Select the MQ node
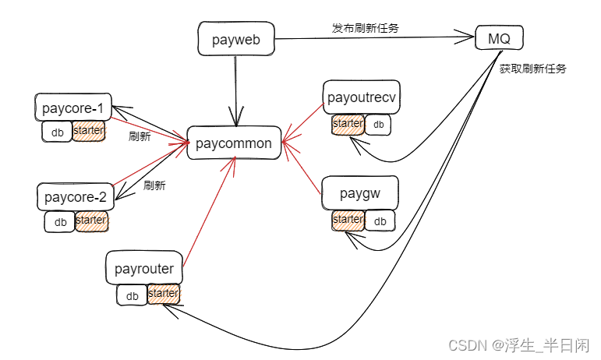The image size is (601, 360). click(499, 37)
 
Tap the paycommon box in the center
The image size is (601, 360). click(234, 143)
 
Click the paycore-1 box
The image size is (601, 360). click(73, 107)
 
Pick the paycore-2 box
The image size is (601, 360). click(75, 196)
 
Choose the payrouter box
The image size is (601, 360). click(144, 270)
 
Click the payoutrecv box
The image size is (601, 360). click(362, 97)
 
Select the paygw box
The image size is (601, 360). click(359, 193)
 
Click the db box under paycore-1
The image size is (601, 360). click(57, 132)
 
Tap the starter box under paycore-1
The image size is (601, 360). click(88, 131)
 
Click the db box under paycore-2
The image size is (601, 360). click(60, 222)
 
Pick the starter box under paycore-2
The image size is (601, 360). click(91, 221)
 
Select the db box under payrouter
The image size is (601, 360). click(132, 295)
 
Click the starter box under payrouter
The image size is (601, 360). click(163, 294)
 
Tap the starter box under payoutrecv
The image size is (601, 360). click(348, 124)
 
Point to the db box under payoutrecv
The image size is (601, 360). click(378, 125)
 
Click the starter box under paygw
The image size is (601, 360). click(348, 221)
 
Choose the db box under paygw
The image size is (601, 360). click(380, 221)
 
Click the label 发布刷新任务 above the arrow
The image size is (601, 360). click(366, 29)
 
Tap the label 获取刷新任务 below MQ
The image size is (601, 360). click(532, 69)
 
